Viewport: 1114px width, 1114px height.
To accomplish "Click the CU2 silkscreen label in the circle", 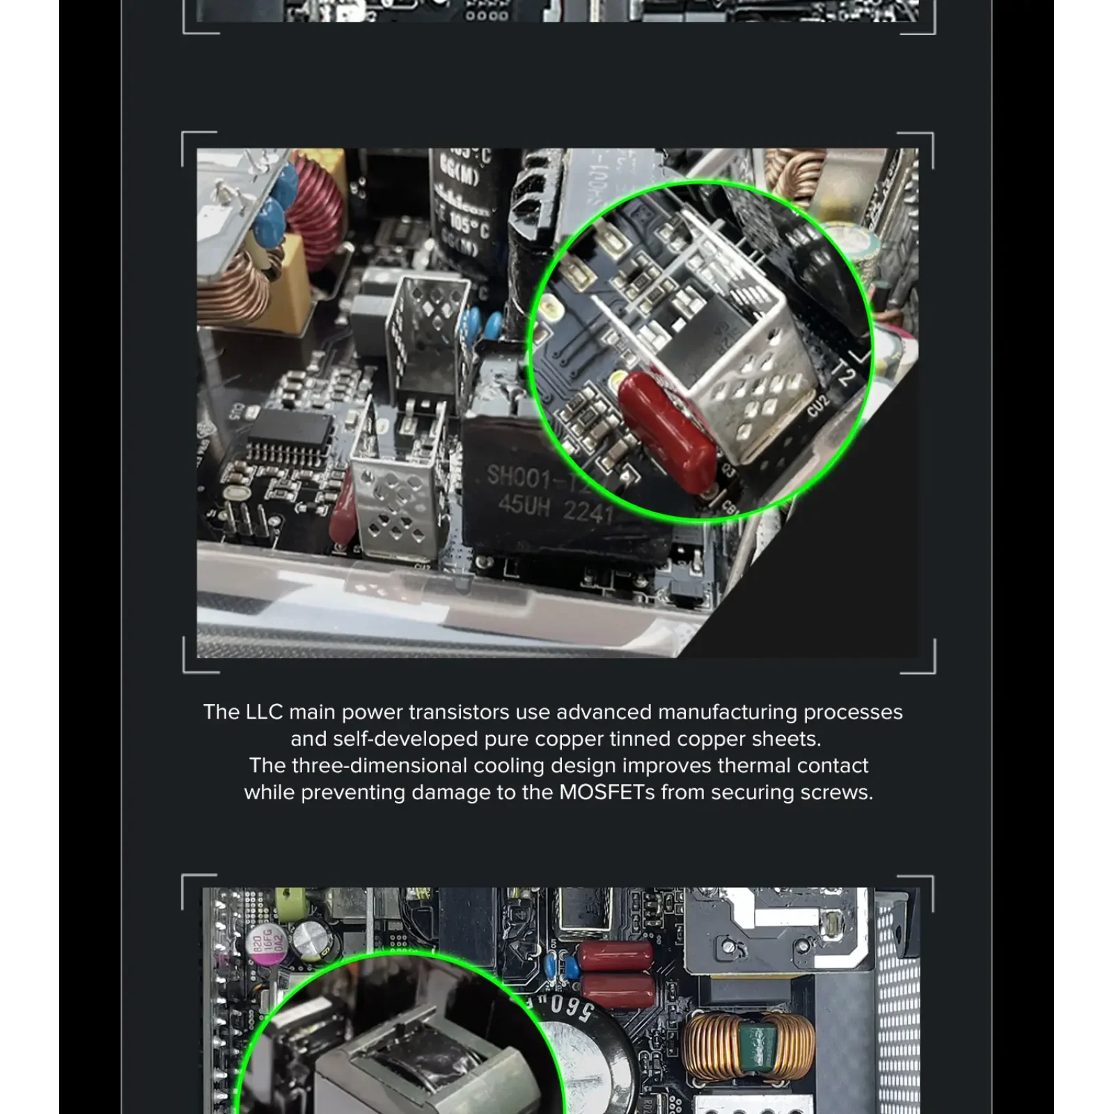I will coord(819,405).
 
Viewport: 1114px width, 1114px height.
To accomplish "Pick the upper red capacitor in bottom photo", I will coord(616,955).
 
